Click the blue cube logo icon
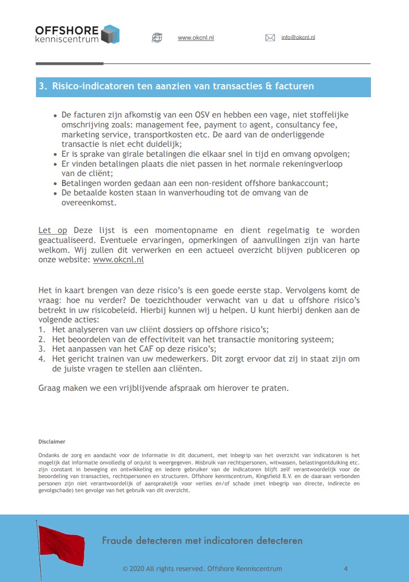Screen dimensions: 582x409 [110, 34]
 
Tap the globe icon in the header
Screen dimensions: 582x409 [157, 38]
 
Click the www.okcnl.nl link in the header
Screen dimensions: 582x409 [196, 38]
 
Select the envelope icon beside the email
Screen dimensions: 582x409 [270, 38]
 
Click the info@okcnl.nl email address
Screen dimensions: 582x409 [298, 38]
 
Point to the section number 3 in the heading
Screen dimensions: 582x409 [42, 86]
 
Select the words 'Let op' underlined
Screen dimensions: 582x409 [53, 230]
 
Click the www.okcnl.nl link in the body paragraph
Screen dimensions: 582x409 [118, 260]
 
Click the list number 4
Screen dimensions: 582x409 [41, 358]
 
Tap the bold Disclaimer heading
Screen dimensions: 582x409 [52, 441]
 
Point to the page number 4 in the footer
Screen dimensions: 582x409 [346, 569]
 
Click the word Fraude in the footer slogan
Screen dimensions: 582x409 [117, 541]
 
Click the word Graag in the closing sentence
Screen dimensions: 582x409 [50, 388]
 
